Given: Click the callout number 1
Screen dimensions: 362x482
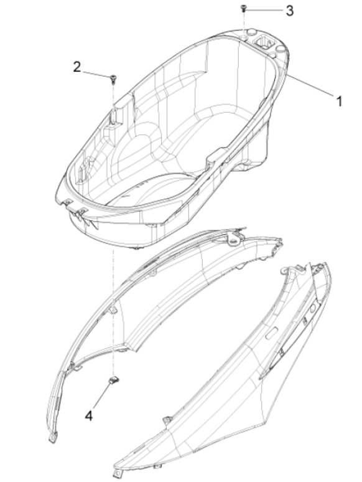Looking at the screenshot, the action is [338, 101].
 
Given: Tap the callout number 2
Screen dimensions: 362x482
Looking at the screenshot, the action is [77, 67].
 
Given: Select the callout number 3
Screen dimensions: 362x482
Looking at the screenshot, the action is [290, 11].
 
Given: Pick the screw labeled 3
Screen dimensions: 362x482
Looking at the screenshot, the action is [243, 8].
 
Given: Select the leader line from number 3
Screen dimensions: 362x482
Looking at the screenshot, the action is [264, 10].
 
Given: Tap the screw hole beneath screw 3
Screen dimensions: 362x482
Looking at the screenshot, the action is [243, 37].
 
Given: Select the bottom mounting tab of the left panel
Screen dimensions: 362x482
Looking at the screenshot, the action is [53, 438].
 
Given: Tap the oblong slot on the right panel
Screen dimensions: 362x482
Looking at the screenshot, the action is [272, 333].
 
